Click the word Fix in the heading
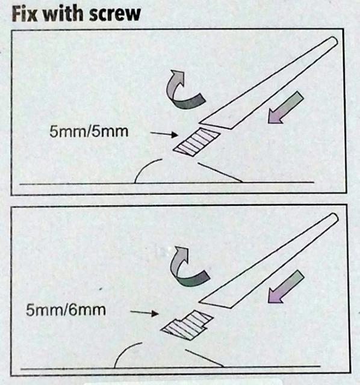24,14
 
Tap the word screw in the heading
115,14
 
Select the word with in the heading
63,14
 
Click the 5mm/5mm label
88,131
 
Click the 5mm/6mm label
66,310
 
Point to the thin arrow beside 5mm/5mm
164,134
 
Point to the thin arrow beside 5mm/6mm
144,313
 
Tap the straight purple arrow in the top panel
285,108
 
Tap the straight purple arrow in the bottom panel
286,286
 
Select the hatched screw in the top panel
196,142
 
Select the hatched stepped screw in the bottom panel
187,325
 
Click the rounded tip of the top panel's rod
334,41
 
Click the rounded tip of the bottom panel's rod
334,218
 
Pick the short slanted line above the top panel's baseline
220,172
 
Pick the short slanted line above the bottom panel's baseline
204,358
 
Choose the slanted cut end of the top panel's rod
214,126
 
